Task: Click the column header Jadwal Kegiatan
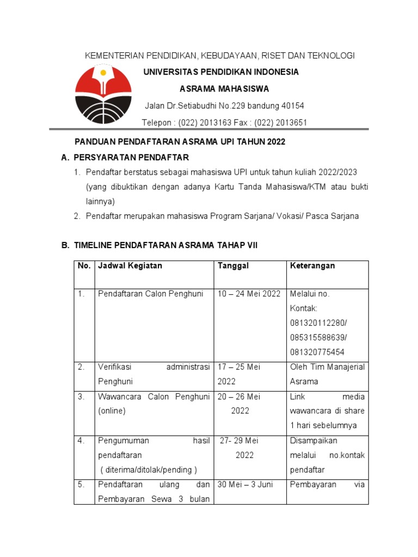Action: pyautogui.click(x=130, y=266)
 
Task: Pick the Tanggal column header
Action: pyautogui.click(x=233, y=266)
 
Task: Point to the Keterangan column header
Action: pyautogui.click(x=312, y=266)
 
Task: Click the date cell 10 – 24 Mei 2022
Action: pyautogui.click(x=249, y=294)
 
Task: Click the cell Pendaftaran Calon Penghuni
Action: pyautogui.click(x=150, y=294)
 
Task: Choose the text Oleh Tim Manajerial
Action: pyautogui.click(x=327, y=367)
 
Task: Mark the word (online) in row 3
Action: pyautogui.click(x=112, y=411)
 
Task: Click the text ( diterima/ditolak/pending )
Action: pyautogui.click(x=148, y=469)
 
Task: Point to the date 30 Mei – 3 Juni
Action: pyautogui.click(x=245, y=484)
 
